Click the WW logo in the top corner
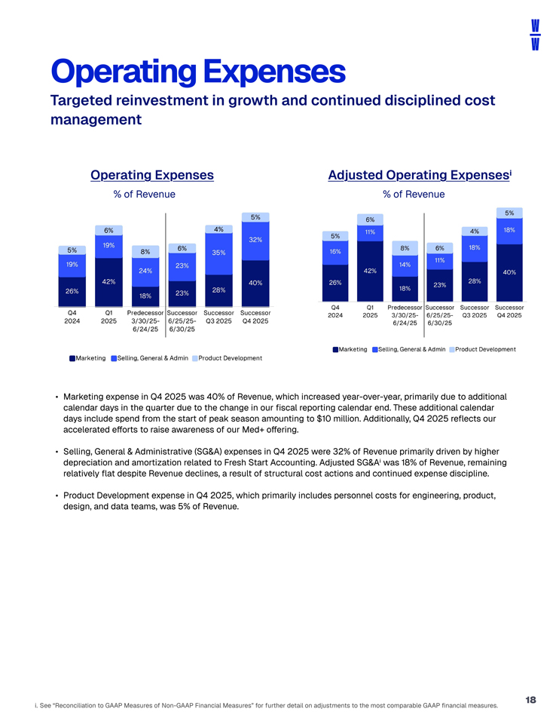533,35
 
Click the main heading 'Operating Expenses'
197,72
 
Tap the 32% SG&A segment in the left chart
255,241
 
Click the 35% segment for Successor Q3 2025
219,253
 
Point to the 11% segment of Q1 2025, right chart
370,232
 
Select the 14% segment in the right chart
405,265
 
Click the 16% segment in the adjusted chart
334,252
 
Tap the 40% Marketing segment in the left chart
255,282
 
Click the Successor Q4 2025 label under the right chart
509,311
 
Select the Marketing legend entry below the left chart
87,357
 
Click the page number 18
530,700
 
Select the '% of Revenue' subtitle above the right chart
414,195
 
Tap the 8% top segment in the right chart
405,247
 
